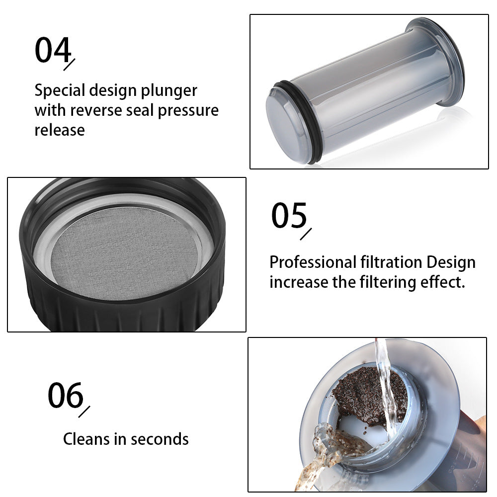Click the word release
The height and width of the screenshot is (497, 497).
60,130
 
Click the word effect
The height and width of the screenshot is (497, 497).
440,282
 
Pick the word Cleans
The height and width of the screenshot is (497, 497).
87,439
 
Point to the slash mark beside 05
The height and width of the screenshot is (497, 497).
306,234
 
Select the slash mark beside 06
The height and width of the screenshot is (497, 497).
84,412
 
